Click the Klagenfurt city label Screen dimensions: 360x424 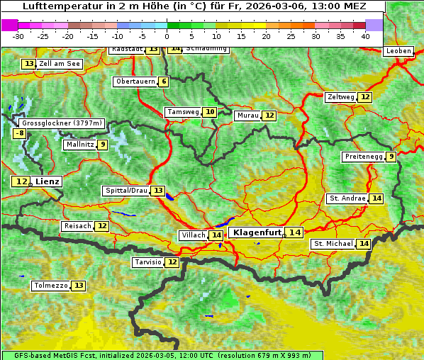(257, 232)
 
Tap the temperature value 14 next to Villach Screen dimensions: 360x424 (216, 235)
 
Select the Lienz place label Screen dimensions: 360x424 (48, 181)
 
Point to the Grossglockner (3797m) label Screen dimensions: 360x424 (62, 123)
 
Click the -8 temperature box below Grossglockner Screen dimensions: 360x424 (20, 133)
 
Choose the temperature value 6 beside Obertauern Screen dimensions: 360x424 (164, 81)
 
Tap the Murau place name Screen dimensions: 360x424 (247, 116)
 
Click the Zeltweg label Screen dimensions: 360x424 (340, 97)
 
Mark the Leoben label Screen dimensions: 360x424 (398, 51)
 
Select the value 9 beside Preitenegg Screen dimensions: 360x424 (391, 157)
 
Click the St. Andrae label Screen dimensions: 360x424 (347, 198)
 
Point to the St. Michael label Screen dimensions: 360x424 (333, 244)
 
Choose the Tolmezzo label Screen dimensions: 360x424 (51, 286)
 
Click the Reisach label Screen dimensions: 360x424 (77, 226)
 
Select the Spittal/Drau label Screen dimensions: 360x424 (125, 191)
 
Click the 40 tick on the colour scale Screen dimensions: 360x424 (365, 36)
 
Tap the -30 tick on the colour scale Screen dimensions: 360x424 (18, 36)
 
